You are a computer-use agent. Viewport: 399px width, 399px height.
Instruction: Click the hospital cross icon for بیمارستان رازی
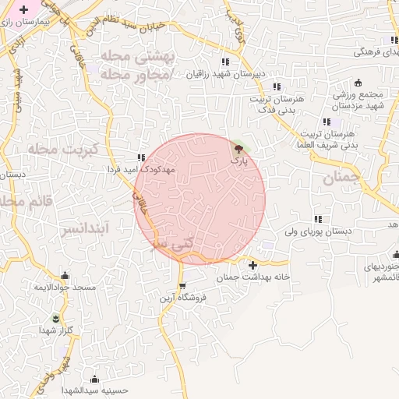point(24,10)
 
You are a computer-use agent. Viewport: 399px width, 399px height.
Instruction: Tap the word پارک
point(238,159)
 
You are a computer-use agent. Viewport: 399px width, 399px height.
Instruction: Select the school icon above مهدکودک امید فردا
point(141,157)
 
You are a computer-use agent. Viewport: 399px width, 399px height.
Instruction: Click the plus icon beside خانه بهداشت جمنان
point(252,265)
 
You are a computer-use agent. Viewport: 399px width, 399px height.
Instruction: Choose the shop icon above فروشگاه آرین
point(182,287)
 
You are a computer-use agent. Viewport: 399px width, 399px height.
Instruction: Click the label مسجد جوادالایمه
point(64,288)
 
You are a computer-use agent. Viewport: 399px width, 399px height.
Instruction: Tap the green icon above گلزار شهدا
point(55,319)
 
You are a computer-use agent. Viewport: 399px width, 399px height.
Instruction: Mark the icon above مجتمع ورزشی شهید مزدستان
point(358,83)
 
